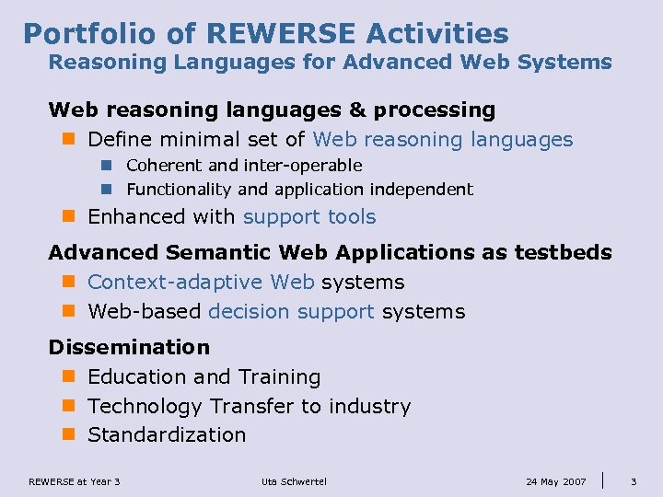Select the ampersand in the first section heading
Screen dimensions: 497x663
click(357, 110)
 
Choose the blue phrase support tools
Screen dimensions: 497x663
click(309, 217)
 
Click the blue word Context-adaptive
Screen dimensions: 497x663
click(201, 282)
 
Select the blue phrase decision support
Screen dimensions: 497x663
click(291, 311)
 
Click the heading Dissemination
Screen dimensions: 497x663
click(129, 347)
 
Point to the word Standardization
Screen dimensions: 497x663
click(167, 434)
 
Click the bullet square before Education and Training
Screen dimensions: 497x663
click(68, 376)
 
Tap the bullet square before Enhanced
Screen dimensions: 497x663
click(68, 217)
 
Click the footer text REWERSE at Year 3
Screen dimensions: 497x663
click(75, 481)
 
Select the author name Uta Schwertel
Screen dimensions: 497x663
click(294, 481)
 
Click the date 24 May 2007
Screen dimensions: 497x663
click(555, 481)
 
